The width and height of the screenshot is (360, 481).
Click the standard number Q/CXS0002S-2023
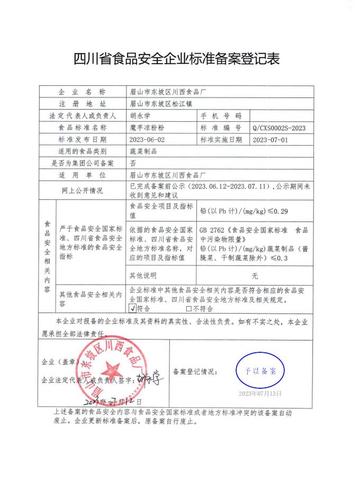[x=280, y=128]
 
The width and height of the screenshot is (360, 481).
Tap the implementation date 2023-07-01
[x=271, y=140]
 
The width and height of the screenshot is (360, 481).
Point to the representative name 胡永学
[x=139, y=115]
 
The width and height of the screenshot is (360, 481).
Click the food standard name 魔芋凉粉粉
[x=147, y=128]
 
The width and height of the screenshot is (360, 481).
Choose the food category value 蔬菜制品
[x=143, y=152]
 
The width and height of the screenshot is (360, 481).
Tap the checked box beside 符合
[x=132, y=308]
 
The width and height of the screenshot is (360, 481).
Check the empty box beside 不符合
[x=188, y=308]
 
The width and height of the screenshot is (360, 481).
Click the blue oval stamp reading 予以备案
[x=260, y=371]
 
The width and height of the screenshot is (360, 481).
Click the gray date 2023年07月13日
[x=260, y=394]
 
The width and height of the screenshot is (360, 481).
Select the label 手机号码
[x=221, y=115]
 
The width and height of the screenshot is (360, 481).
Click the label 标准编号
[x=221, y=128]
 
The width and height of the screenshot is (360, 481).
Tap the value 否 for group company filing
[x=133, y=164]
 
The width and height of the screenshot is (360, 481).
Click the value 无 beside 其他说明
[x=255, y=275]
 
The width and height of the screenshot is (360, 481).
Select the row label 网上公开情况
[x=82, y=191]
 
